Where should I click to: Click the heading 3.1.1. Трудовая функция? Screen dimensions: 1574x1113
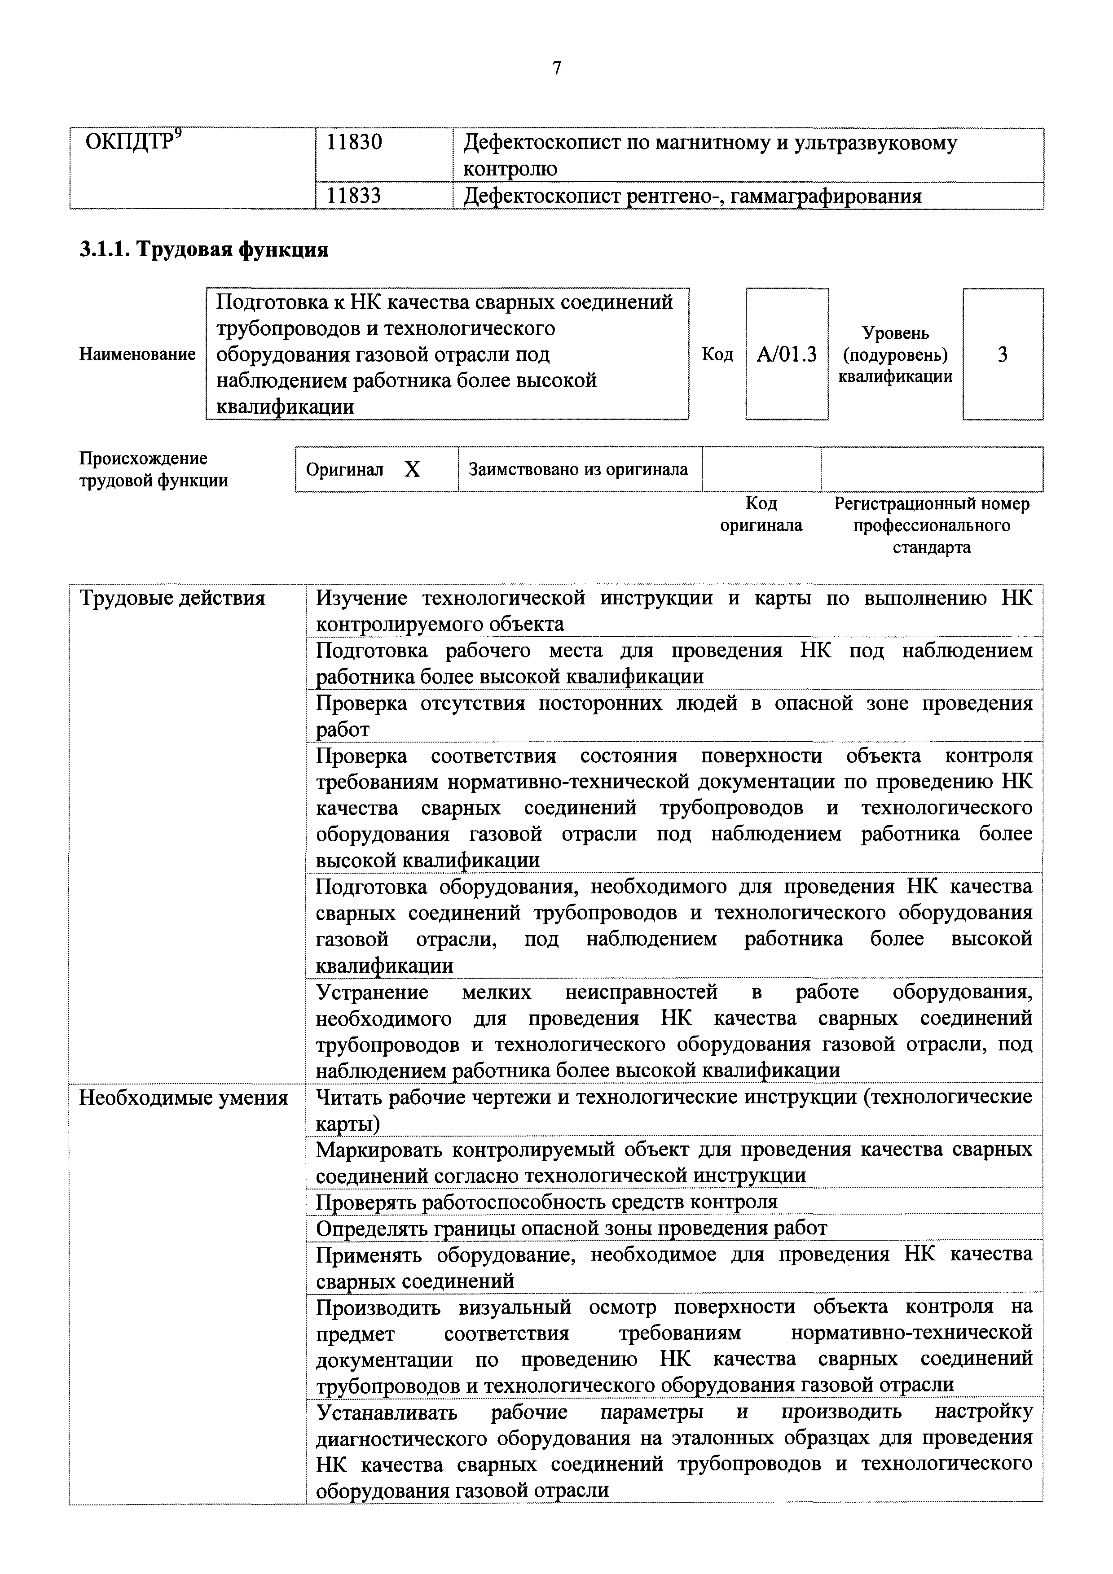[x=204, y=249]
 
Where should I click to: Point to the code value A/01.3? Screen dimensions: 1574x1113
[x=787, y=354]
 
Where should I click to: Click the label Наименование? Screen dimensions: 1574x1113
[x=137, y=354]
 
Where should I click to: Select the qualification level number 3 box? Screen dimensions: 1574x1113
[x=1002, y=354]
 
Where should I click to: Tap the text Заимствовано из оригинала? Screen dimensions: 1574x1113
[x=578, y=470]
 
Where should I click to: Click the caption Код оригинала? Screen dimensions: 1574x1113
[x=761, y=514]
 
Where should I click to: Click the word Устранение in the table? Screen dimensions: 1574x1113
[x=372, y=992]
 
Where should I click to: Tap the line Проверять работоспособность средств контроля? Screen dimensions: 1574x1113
[x=546, y=1202]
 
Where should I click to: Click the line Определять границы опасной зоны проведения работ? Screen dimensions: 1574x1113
[x=571, y=1228]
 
